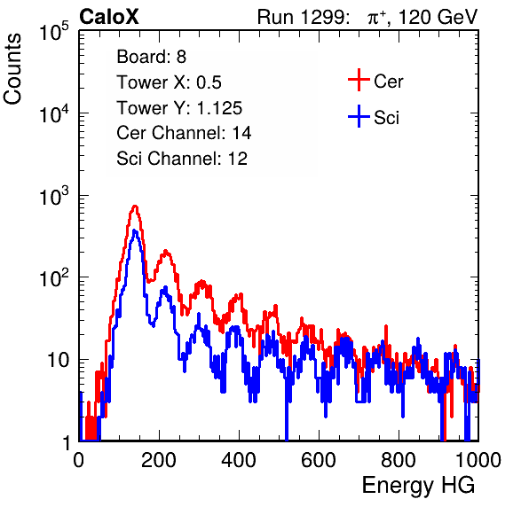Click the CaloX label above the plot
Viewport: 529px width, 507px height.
pos(109,17)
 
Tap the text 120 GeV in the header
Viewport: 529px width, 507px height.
pos(438,17)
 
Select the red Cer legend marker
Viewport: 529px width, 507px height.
pos(359,80)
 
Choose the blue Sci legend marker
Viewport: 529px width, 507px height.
pos(359,116)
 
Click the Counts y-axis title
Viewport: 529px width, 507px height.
pos(12,69)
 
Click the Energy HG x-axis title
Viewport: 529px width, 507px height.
pos(418,486)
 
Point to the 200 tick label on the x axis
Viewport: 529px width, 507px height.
pos(158,459)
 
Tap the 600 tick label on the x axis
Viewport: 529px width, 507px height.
pos(319,459)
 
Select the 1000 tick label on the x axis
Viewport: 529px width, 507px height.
pos(478,459)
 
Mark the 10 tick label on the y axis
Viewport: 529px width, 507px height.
pos(58,360)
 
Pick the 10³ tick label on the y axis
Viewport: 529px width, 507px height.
pos(54,196)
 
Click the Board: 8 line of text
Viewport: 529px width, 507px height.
pos(151,57)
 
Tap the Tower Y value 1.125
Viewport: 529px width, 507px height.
pos(219,108)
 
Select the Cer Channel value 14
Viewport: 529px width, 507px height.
pos(241,133)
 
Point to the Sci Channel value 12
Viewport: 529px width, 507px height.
pos(238,159)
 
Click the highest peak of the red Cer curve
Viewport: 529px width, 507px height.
pos(135,206)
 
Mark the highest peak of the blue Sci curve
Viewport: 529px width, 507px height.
pos(135,230)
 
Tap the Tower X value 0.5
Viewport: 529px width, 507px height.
pos(209,82)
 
